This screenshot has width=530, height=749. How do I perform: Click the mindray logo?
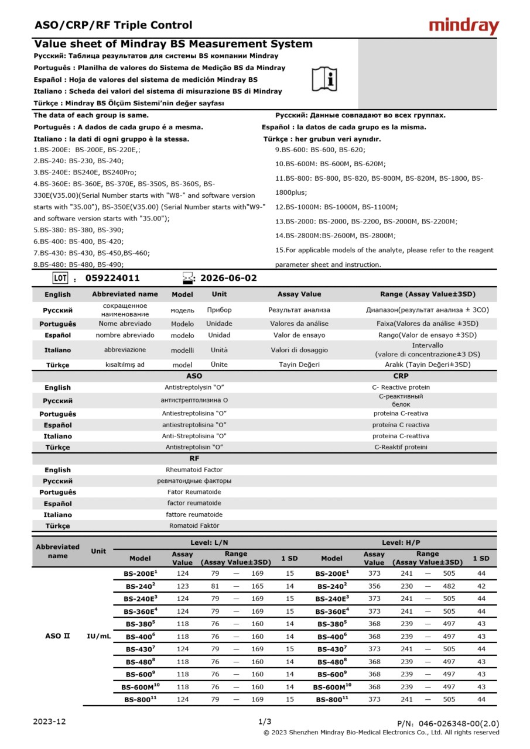click(x=464, y=26)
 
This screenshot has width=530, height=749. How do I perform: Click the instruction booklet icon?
click(x=324, y=78)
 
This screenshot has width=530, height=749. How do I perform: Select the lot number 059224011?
click(x=112, y=278)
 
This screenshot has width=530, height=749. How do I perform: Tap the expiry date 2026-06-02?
click(x=228, y=278)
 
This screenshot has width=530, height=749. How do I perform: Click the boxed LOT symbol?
click(x=60, y=278)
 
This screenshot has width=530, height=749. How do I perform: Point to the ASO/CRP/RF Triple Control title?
click(x=113, y=25)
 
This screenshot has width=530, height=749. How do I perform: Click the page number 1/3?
click(x=265, y=721)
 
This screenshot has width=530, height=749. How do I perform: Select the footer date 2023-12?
click(x=50, y=721)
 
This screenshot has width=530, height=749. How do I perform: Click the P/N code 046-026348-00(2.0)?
click(x=448, y=724)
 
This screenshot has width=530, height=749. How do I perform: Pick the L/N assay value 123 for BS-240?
click(x=182, y=586)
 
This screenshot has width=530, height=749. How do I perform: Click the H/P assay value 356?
click(x=374, y=586)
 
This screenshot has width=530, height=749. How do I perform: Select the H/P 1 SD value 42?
click(x=481, y=586)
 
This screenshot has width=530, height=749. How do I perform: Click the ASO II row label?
click(x=57, y=636)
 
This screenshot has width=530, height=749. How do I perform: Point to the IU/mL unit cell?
click(x=98, y=636)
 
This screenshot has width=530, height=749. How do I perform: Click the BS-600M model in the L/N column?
click(x=140, y=687)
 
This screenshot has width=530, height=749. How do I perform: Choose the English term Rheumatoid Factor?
click(x=194, y=470)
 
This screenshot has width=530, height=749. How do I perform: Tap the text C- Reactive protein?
click(x=401, y=387)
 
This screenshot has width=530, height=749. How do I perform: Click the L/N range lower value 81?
click(x=215, y=586)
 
